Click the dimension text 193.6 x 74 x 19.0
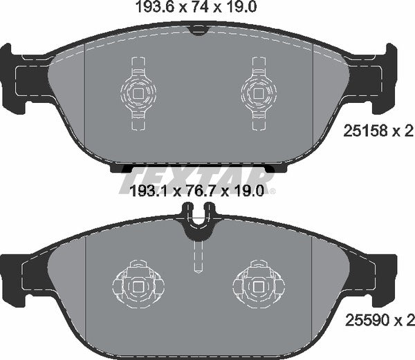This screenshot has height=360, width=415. point(197,10)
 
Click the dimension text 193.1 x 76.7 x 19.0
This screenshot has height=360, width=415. point(197,191)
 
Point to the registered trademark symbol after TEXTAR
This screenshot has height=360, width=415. point(272,191)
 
